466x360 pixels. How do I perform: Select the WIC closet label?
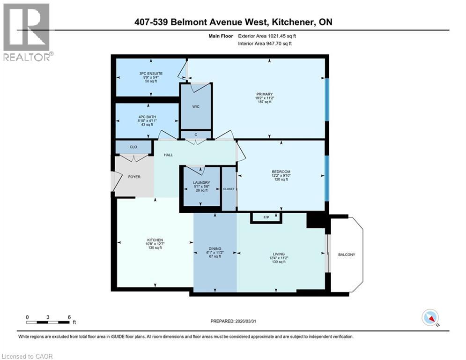(196, 107)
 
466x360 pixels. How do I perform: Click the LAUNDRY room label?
(201, 182)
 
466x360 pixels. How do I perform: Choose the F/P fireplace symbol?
(266, 217)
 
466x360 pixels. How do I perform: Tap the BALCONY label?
(347, 255)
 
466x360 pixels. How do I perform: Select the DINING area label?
(215, 249)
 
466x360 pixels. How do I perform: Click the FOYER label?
(134, 177)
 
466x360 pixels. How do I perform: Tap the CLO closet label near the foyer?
(133, 147)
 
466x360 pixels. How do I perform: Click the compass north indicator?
(429, 318)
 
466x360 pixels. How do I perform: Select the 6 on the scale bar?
(69, 317)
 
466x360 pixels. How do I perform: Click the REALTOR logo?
(27, 32)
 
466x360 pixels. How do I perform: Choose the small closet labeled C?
(196, 135)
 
